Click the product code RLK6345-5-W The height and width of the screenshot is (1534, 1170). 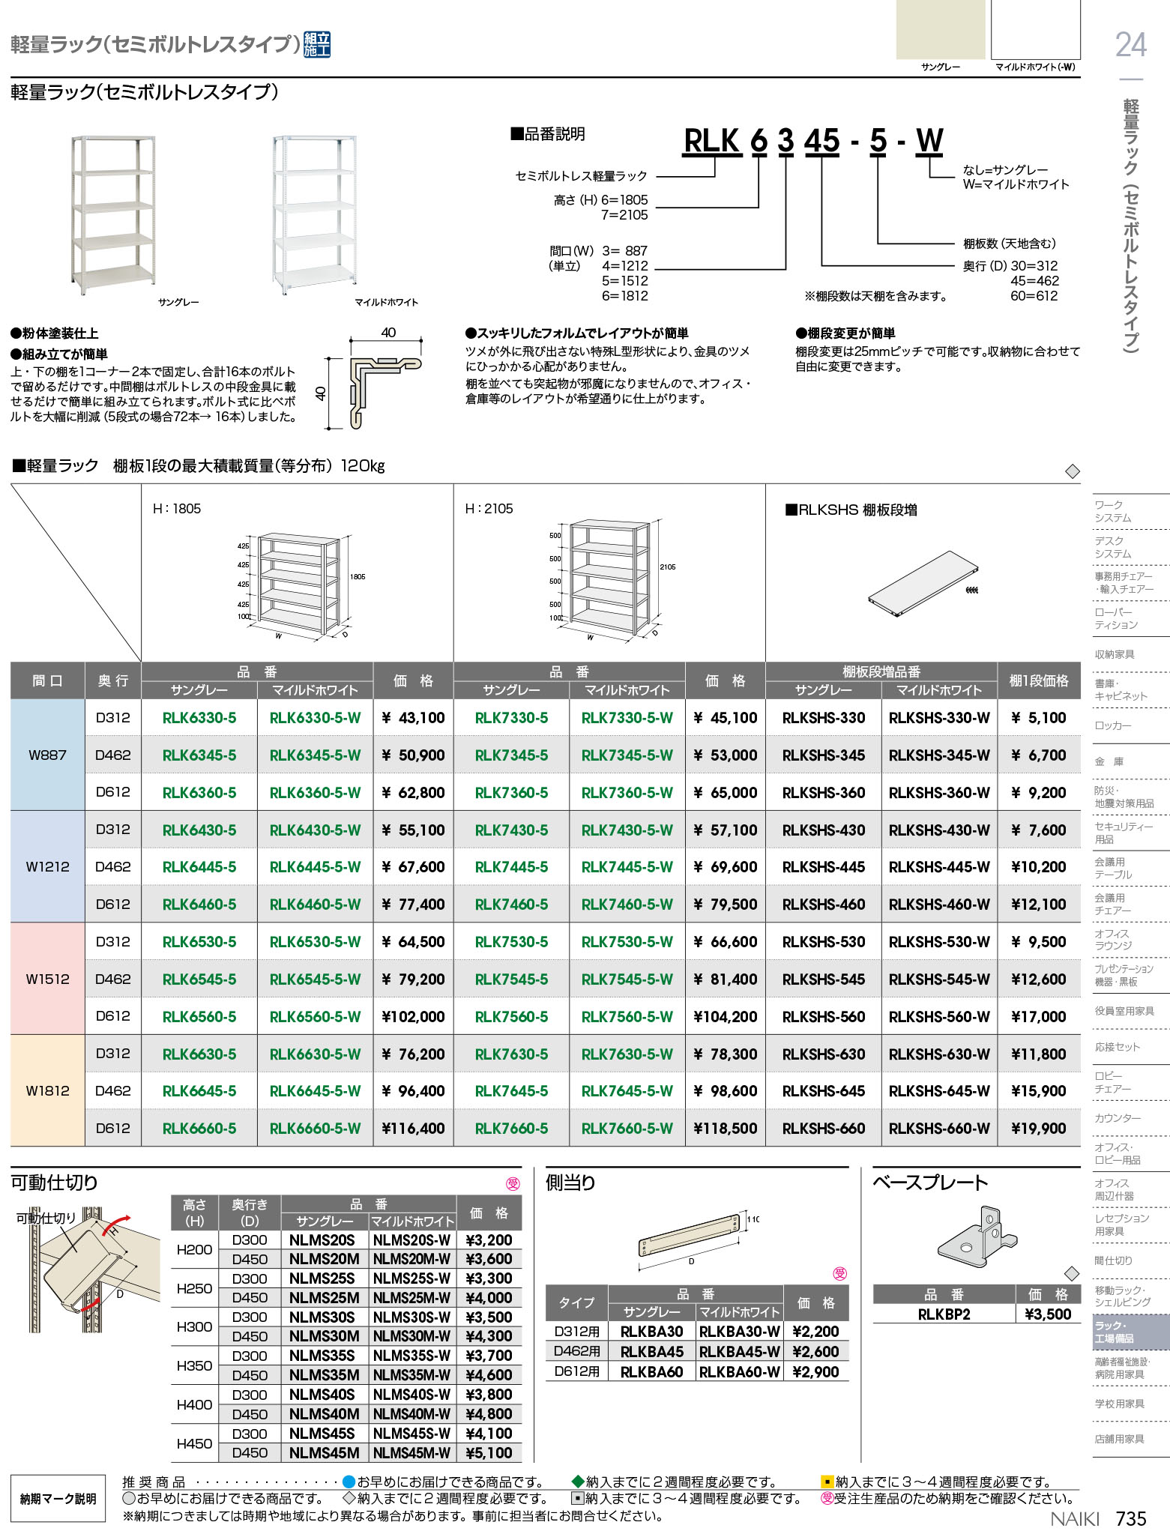tap(315, 755)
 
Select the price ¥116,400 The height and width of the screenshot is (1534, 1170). tap(413, 1129)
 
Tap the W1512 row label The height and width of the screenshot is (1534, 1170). tap(47, 979)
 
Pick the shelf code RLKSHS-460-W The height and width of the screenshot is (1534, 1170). tap(938, 905)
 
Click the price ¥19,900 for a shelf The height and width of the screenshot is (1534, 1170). tap(1038, 1129)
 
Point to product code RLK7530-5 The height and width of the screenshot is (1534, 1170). tap(511, 942)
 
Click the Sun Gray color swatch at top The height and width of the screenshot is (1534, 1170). tap(940, 30)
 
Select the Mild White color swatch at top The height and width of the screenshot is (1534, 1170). tap(1035, 30)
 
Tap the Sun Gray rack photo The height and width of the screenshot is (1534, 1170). tap(113, 214)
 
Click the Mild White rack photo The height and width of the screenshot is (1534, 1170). tap(315, 214)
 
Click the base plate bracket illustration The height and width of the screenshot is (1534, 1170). tap(977, 1236)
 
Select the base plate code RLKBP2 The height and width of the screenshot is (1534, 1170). tap(944, 1314)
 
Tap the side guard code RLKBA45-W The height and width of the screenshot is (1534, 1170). tap(740, 1352)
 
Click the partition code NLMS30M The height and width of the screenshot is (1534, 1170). tap(324, 1336)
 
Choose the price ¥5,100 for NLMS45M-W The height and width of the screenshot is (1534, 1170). tap(489, 1453)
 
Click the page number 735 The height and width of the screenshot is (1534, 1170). tap(1131, 1518)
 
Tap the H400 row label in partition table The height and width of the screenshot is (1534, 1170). tap(194, 1404)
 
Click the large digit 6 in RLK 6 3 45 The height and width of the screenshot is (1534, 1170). tap(759, 141)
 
